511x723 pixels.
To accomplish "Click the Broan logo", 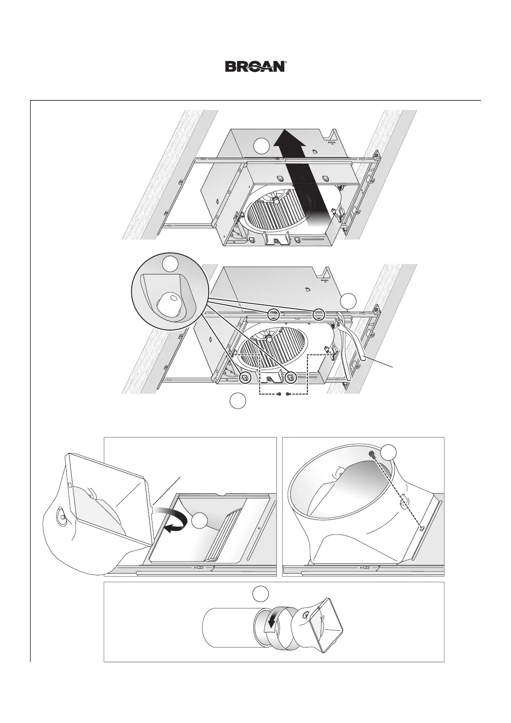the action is click(255, 67).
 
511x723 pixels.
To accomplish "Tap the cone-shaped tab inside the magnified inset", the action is click(170, 304).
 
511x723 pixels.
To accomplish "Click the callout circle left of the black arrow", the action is click(261, 146).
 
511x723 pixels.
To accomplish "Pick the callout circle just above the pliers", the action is click(349, 301).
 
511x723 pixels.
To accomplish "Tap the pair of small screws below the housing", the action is click(284, 394).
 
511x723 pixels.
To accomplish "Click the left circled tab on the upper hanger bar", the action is click(274, 314).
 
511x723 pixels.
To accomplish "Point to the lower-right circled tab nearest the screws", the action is click(291, 377).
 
